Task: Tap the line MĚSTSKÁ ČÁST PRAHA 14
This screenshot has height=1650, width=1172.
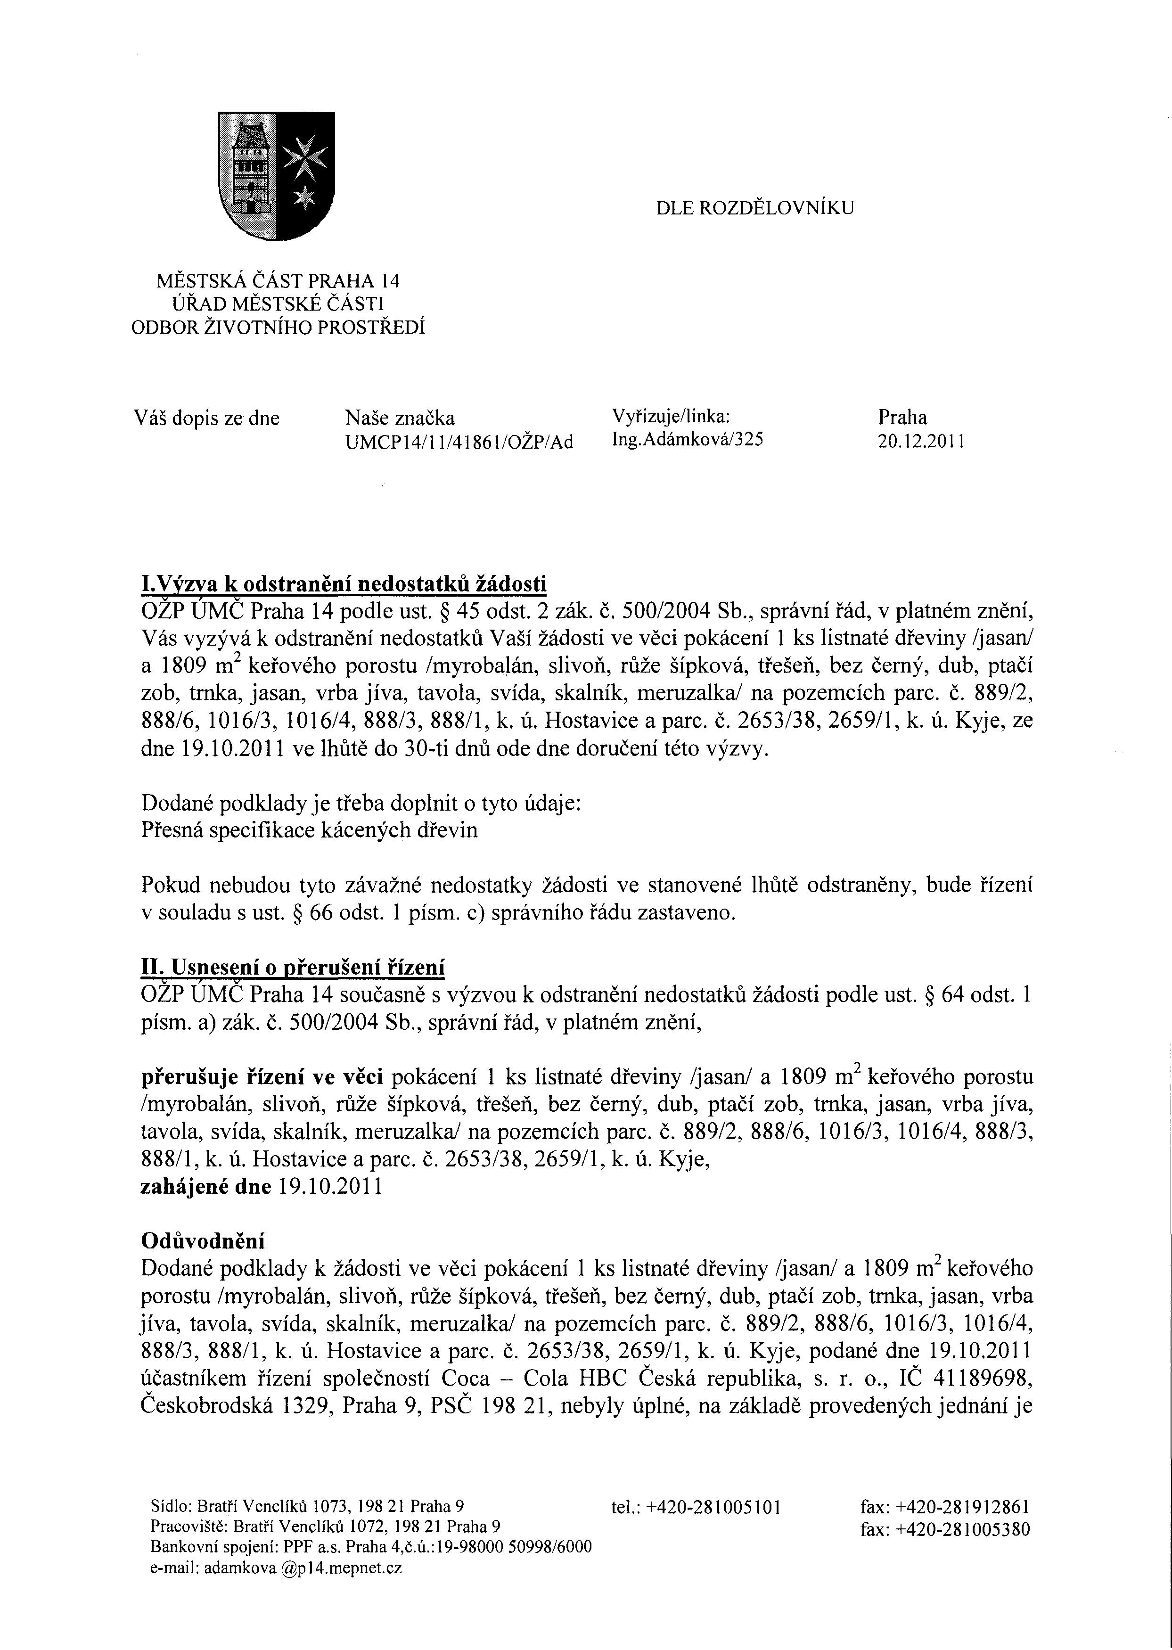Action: point(279,281)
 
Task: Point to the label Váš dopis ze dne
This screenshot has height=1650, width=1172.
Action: point(206,419)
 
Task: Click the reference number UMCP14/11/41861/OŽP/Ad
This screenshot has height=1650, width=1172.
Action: point(459,442)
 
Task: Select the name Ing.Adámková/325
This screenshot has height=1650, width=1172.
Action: point(687,439)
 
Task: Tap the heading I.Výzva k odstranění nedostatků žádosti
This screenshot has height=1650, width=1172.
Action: point(344,583)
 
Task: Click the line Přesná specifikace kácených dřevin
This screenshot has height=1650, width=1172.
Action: point(309,831)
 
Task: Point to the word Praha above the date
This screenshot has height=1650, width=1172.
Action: point(902,417)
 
